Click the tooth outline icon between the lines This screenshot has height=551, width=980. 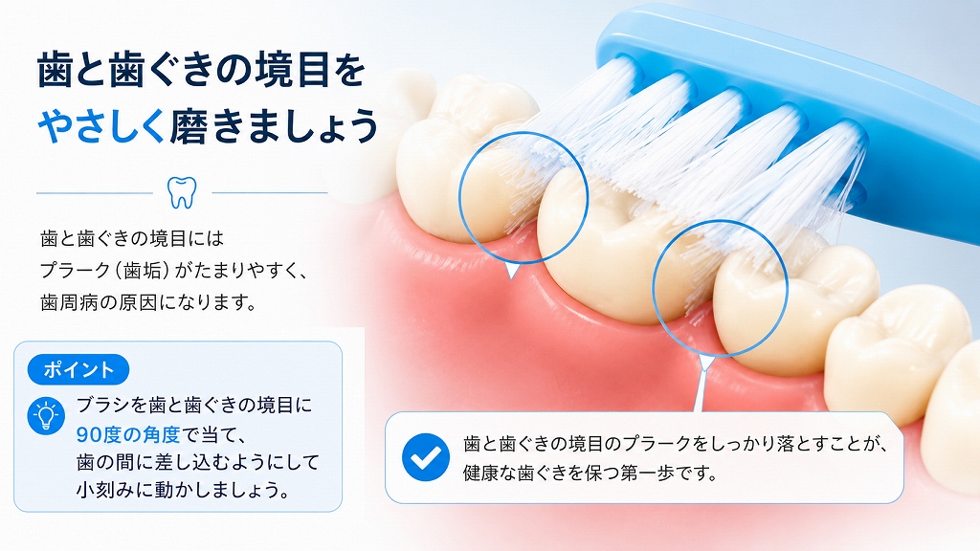click(182, 192)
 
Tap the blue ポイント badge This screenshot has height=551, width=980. click(78, 369)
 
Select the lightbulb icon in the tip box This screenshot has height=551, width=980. click(46, 416)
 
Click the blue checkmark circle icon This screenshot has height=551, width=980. click(426, 457)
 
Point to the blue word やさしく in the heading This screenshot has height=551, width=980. click(102, 125)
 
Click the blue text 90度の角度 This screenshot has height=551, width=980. click(128, 433)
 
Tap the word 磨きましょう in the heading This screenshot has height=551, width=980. click(274, 125)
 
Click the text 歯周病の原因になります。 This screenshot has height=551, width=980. click(148, 302)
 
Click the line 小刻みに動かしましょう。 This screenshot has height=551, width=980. click(183, 490)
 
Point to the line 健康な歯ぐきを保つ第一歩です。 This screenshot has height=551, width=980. click(590, 473)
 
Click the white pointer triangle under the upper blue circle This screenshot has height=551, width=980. click(512, 270)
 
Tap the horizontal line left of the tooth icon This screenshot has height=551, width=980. click(95, 193)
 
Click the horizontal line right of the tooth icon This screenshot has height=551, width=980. click(269, 193)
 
